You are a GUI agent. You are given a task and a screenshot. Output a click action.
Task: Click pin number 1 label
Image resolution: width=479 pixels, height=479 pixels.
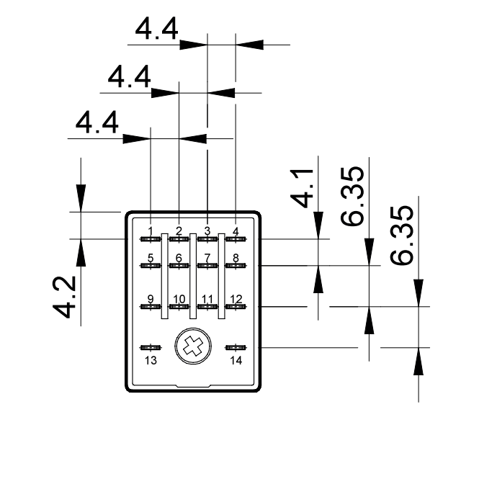[151, 230]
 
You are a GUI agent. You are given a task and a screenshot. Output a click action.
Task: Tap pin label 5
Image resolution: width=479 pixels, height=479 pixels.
[151, 258]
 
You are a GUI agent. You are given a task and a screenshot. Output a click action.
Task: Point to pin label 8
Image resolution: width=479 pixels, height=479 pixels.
[236, 258]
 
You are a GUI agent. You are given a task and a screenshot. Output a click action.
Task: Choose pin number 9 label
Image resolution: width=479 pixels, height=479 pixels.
[151, 299]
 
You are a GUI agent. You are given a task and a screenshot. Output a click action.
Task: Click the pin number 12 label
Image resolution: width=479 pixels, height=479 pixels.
[236, 299]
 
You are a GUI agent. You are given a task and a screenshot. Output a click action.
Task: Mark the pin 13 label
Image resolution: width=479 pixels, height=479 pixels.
[151, 360]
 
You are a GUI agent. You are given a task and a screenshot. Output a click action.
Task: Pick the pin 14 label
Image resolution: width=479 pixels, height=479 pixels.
[236, 360]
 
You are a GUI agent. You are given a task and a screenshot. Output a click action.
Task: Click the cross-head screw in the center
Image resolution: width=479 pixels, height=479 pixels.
[192, 346]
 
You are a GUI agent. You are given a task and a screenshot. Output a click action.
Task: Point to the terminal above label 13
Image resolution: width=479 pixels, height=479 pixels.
[151, 347]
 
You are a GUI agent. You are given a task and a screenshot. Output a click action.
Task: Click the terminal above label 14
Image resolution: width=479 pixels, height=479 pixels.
[236, 347]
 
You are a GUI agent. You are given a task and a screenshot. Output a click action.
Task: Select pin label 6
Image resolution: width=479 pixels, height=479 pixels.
[179, 258]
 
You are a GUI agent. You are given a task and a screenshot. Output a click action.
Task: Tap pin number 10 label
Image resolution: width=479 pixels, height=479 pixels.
[179, 299]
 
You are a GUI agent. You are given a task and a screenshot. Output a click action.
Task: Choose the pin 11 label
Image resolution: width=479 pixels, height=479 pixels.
[207, 299]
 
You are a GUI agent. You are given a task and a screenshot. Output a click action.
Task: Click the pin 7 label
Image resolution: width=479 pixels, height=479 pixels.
[207, 258]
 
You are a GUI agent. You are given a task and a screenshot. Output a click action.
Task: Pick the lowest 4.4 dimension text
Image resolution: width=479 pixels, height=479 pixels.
[97, 122]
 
